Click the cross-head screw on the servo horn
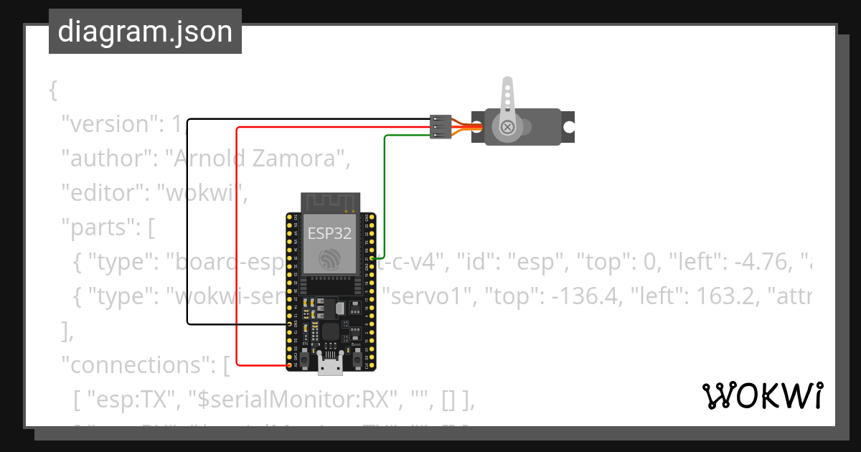click(507, 127)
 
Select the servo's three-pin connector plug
click(440, 127)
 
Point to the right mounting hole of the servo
click(568, 127)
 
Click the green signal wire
click(385, 194)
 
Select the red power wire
click(237, 244)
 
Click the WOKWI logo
click(762, 395)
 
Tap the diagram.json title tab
click(145, 32)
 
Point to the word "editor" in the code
click(105, 193)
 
